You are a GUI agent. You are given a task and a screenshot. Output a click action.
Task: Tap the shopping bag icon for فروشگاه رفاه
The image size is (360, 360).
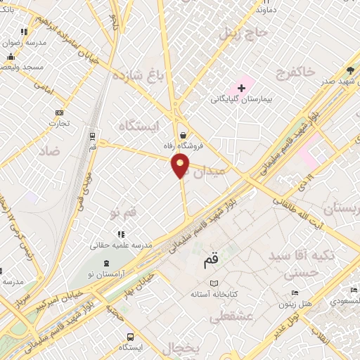click(184, 134)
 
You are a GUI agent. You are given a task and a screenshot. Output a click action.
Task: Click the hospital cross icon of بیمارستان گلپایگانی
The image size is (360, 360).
click(242, 88)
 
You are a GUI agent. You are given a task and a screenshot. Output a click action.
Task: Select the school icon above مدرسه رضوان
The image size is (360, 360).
click(25, 31)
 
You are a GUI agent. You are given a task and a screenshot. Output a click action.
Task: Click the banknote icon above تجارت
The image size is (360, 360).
click(59, 112)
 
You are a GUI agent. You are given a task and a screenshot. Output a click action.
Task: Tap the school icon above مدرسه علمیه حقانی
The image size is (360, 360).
click(122, 234)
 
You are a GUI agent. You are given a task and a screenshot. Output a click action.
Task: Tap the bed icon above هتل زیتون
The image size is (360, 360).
click(295, 293)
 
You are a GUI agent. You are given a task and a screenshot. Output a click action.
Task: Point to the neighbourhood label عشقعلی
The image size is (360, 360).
click(231, 317)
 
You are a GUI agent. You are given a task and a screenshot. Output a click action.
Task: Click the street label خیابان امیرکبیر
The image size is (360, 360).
click(56, 301)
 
